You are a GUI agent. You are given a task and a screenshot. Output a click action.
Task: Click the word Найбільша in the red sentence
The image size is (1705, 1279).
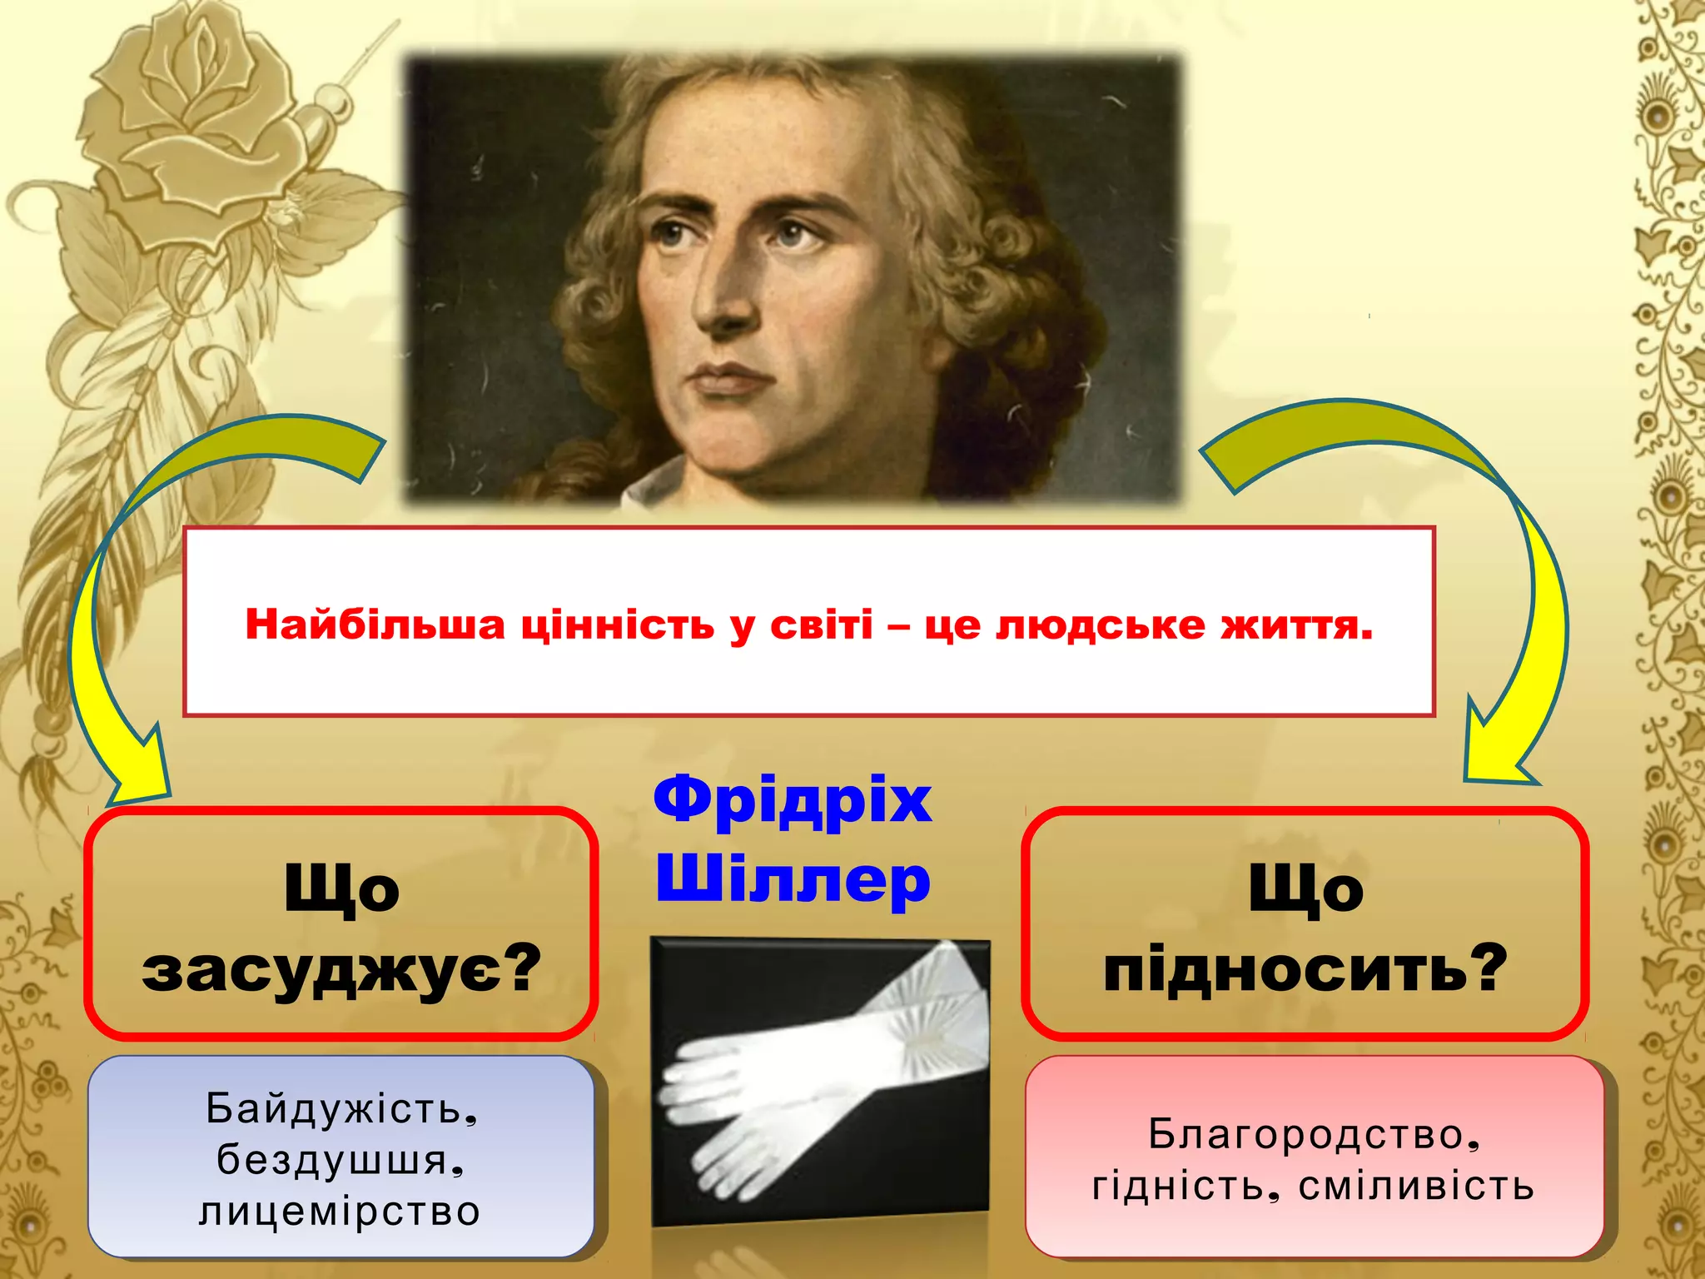pyautogui.click(x=375, y=625)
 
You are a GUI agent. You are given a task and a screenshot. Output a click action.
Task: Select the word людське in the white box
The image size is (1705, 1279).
pyautogui.click(x=1101, y=625)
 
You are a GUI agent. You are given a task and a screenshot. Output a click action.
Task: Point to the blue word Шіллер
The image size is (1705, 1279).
pyautogui.click(x=793, y=881)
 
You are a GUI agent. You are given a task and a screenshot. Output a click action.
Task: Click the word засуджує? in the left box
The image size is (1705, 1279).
pyautogui.click(x=341, y=970)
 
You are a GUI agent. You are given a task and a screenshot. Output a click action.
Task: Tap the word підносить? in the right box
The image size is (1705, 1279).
pyautogui.click(x=1305, y=970)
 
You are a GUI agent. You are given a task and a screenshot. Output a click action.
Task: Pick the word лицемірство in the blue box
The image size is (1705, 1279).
pyautogui.click(x=340, y=1212)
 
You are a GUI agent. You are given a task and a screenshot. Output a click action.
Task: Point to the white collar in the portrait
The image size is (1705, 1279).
pyautogui.click(x=658, y=483)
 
